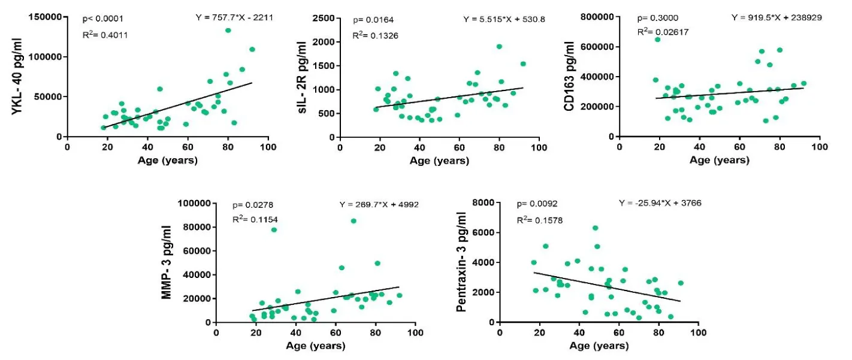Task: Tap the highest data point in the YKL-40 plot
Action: click(228, 31)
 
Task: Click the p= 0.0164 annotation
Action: click(372, 20)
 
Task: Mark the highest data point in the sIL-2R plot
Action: click(499, 46)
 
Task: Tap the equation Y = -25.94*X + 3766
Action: click(660, 203)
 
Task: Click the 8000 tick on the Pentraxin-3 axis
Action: click(484, 203)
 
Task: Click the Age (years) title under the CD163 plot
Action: click(719, 161)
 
